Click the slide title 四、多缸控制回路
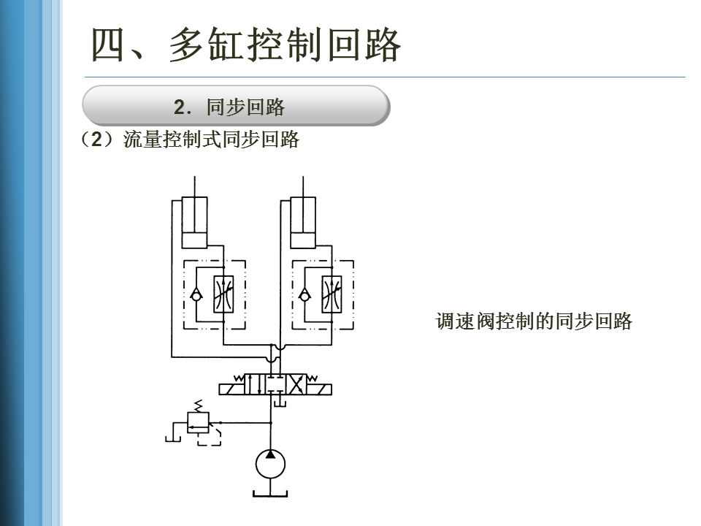point(246,45)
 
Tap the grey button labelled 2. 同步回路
point(235,107)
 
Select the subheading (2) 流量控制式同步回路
point(191,140)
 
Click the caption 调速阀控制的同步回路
point(533,321)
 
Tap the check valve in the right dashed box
point(304,295)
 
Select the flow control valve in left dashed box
point(223,295)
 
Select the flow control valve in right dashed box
point(332,295)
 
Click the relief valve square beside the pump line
point(198,422)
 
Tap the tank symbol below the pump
point(270,495)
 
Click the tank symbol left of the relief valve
point(172,438)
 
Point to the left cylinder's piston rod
point(194,187)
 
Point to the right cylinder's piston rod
point(303,187)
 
